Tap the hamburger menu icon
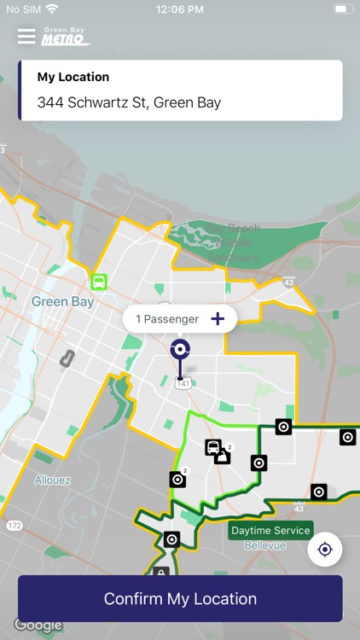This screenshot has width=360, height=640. [x=26, y=36]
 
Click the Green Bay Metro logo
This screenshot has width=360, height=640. [x=67, y=36]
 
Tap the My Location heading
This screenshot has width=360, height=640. [x=73, y=77]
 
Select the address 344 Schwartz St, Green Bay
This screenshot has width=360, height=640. [x=129, y=102]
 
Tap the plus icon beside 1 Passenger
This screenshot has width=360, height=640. [x=218, y=319]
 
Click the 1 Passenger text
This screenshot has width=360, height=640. [x=167, y=319]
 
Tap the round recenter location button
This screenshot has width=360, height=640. [x=325, y=550]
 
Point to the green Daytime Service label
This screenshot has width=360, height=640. [x=271, y=530]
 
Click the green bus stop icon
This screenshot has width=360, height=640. [x=99, y=282]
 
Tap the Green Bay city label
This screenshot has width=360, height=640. [x=61, y=301]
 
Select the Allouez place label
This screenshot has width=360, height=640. [x=52, y=480]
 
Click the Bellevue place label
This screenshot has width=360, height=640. [x=265, y=545]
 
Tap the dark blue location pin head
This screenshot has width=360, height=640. [x=180, y=349]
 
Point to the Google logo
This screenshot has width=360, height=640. [x=38, y=625]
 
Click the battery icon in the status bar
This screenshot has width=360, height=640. [x=343, y=9]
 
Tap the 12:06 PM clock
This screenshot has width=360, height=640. [x=179, y=9]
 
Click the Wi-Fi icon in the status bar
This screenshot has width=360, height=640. [x=53, y=9]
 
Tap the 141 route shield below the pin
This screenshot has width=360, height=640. [x=183, y=385]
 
